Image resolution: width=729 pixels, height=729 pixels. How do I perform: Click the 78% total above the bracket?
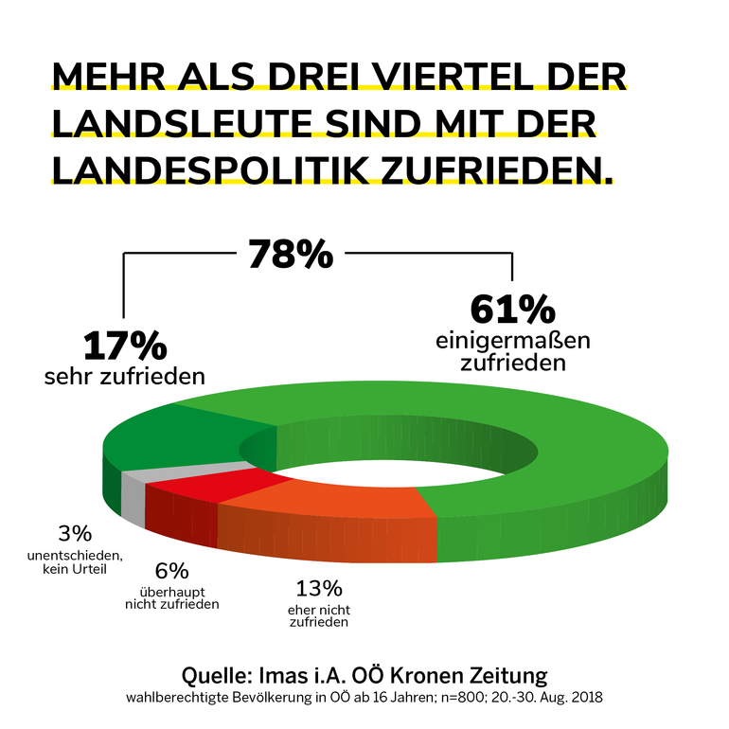pyautogui.click(x=291, y=255)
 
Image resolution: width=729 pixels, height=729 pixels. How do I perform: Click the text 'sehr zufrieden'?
pyautogui.click(x=124, y=376)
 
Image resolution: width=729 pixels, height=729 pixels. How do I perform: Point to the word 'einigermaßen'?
pyautogui.click(x=512, y=339)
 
